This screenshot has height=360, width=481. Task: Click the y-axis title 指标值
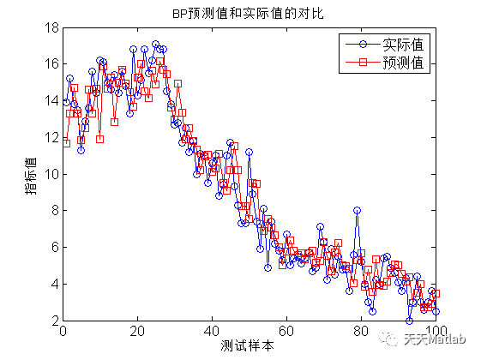coord(31,174)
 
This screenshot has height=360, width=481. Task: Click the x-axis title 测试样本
coord(249,347)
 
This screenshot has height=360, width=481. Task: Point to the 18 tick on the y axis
coord(51,27)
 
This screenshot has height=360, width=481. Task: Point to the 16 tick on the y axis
coord(51,64)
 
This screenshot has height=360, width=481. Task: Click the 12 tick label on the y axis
coord(51,137)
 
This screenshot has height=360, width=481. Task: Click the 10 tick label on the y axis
coord(51,174)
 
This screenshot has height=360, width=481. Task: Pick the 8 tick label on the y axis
coord(54,211)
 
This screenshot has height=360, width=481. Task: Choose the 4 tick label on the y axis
coord(54,284)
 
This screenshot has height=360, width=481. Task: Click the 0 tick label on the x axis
coord(63,331)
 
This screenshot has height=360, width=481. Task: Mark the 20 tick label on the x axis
coord(137,331)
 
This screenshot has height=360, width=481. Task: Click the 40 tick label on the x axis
coord(212,331)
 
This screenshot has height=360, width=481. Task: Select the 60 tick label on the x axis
coord(287,331)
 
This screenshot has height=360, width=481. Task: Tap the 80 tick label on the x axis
coord(362,331)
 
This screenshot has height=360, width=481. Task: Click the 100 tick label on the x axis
coord(436,331)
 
